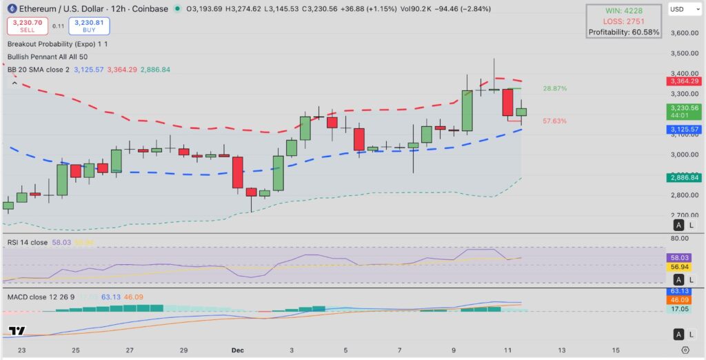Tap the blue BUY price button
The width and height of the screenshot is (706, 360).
pyautogui.click(x=89, y=26)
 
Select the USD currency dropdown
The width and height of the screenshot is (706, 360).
pyautogui.click(x=683, y=10)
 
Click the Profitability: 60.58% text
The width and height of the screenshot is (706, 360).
pyautogui.click(x=624, y=32)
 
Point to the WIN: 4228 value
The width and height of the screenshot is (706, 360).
pyautogui.click(x=624, y=10)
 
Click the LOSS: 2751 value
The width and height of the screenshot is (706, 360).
pyautogui.click(x=624, y=21)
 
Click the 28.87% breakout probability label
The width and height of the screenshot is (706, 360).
pyautogui.click(x=555, y=89)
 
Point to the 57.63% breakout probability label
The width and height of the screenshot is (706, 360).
pyautogui.click(x=555, y=121)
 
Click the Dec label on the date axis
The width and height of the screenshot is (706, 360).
pyautogui.click(x=237, y=350)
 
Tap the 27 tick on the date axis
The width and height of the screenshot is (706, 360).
pyautogui.click(x=130, y=350)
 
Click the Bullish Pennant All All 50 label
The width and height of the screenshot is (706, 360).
pyautogui.click(x=47, y=57)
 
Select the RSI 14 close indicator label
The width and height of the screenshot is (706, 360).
pyautogui.click(x=28, y=242)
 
